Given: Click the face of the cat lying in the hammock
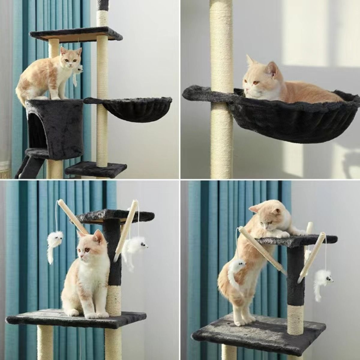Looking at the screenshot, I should tap(251, 82).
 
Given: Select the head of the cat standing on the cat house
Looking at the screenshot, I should tap(71, 58).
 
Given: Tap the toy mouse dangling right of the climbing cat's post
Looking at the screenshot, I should tap(323, 280).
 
